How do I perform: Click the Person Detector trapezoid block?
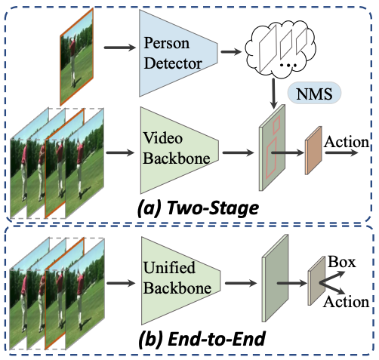pos(178,53)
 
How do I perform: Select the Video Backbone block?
pos(179,150)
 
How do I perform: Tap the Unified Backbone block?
pos(180,281)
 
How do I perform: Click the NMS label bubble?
pos(314,94)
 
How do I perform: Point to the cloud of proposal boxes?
pos(281,49)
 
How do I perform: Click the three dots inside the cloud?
pos(288,66)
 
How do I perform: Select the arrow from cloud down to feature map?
pos(273,94)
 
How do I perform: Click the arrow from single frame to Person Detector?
pos(120,48)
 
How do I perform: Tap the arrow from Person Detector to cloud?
pos(231,52)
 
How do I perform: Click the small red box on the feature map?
pos(276,125)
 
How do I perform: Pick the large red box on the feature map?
pos(271,158)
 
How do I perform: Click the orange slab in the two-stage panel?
pos(313,150)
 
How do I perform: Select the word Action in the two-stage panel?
pos(347,142)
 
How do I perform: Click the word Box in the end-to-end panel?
pos(342,262)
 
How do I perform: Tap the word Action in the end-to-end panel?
pos(347,301)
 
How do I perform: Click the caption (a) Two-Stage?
pos(199,208)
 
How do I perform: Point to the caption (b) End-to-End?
pos(202,339)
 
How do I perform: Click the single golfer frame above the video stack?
pos(76,57)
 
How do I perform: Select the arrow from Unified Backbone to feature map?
pos(241,283)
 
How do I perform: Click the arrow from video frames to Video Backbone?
pos(120,152)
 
